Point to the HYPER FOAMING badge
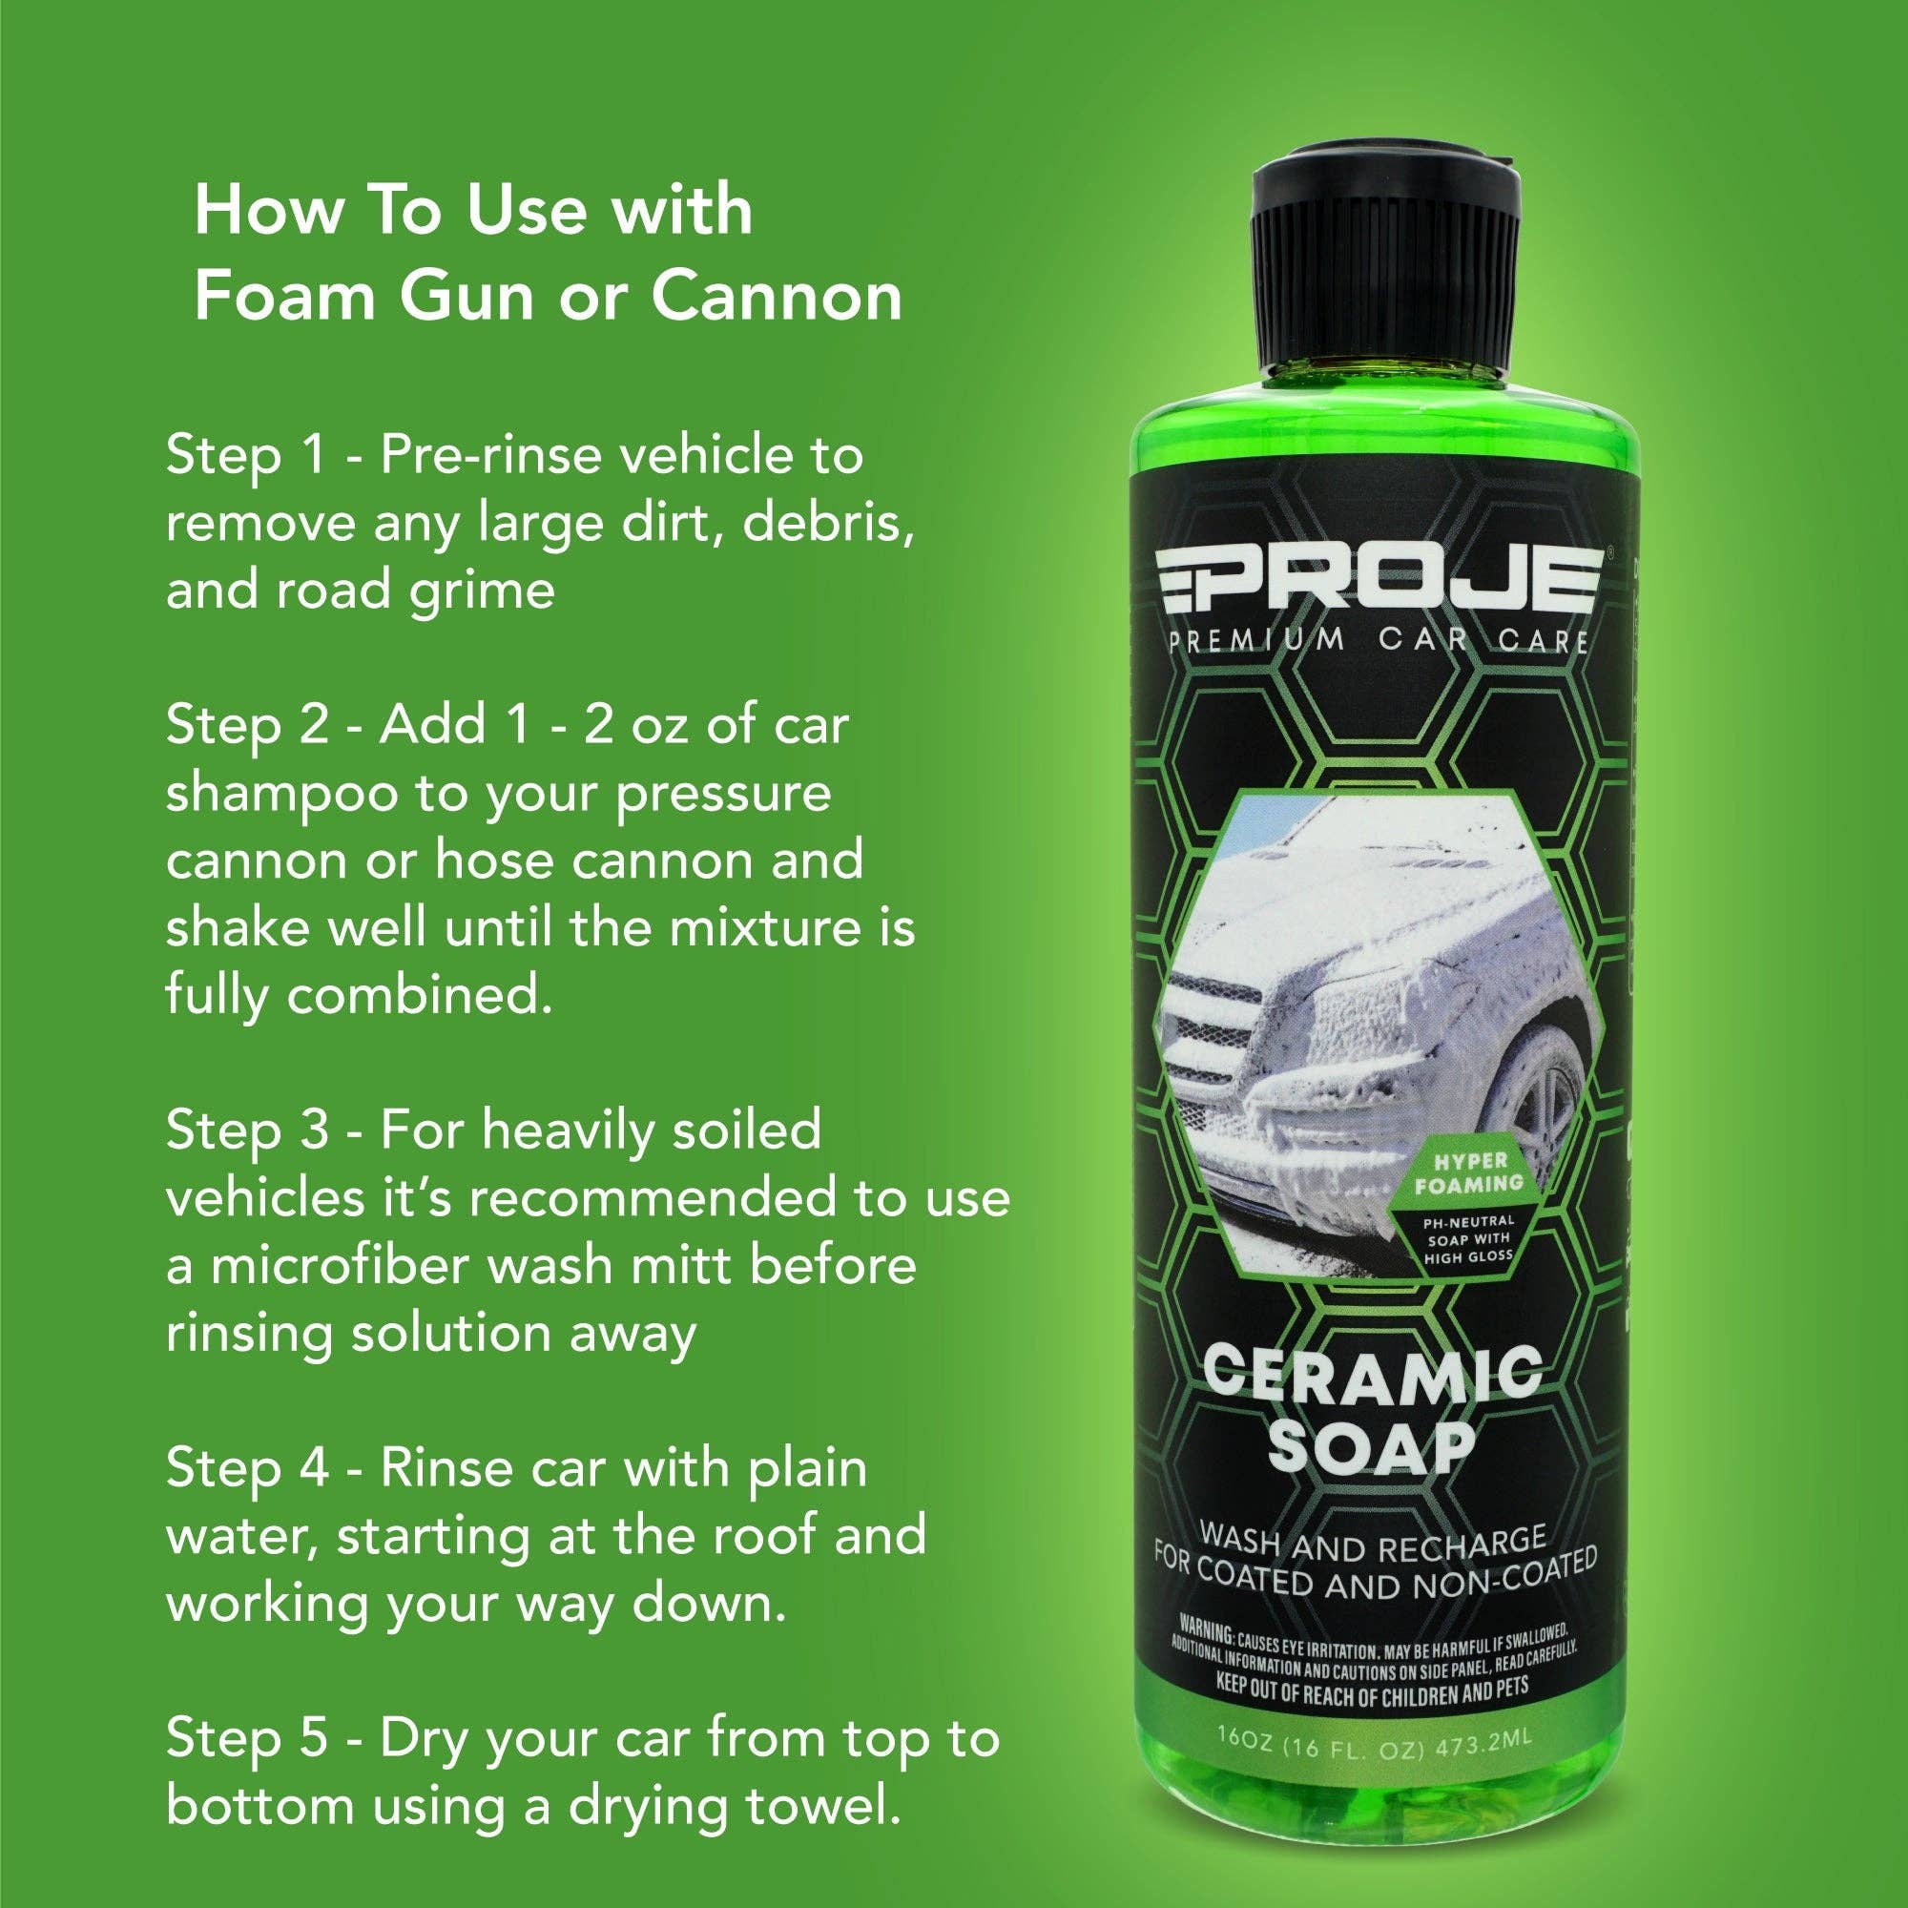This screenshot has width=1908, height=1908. click(1468, 1172)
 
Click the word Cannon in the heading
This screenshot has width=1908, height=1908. click(777, 297)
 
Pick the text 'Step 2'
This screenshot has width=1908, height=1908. click(247, 726)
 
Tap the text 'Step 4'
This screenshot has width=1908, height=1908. click(247, 1468)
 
